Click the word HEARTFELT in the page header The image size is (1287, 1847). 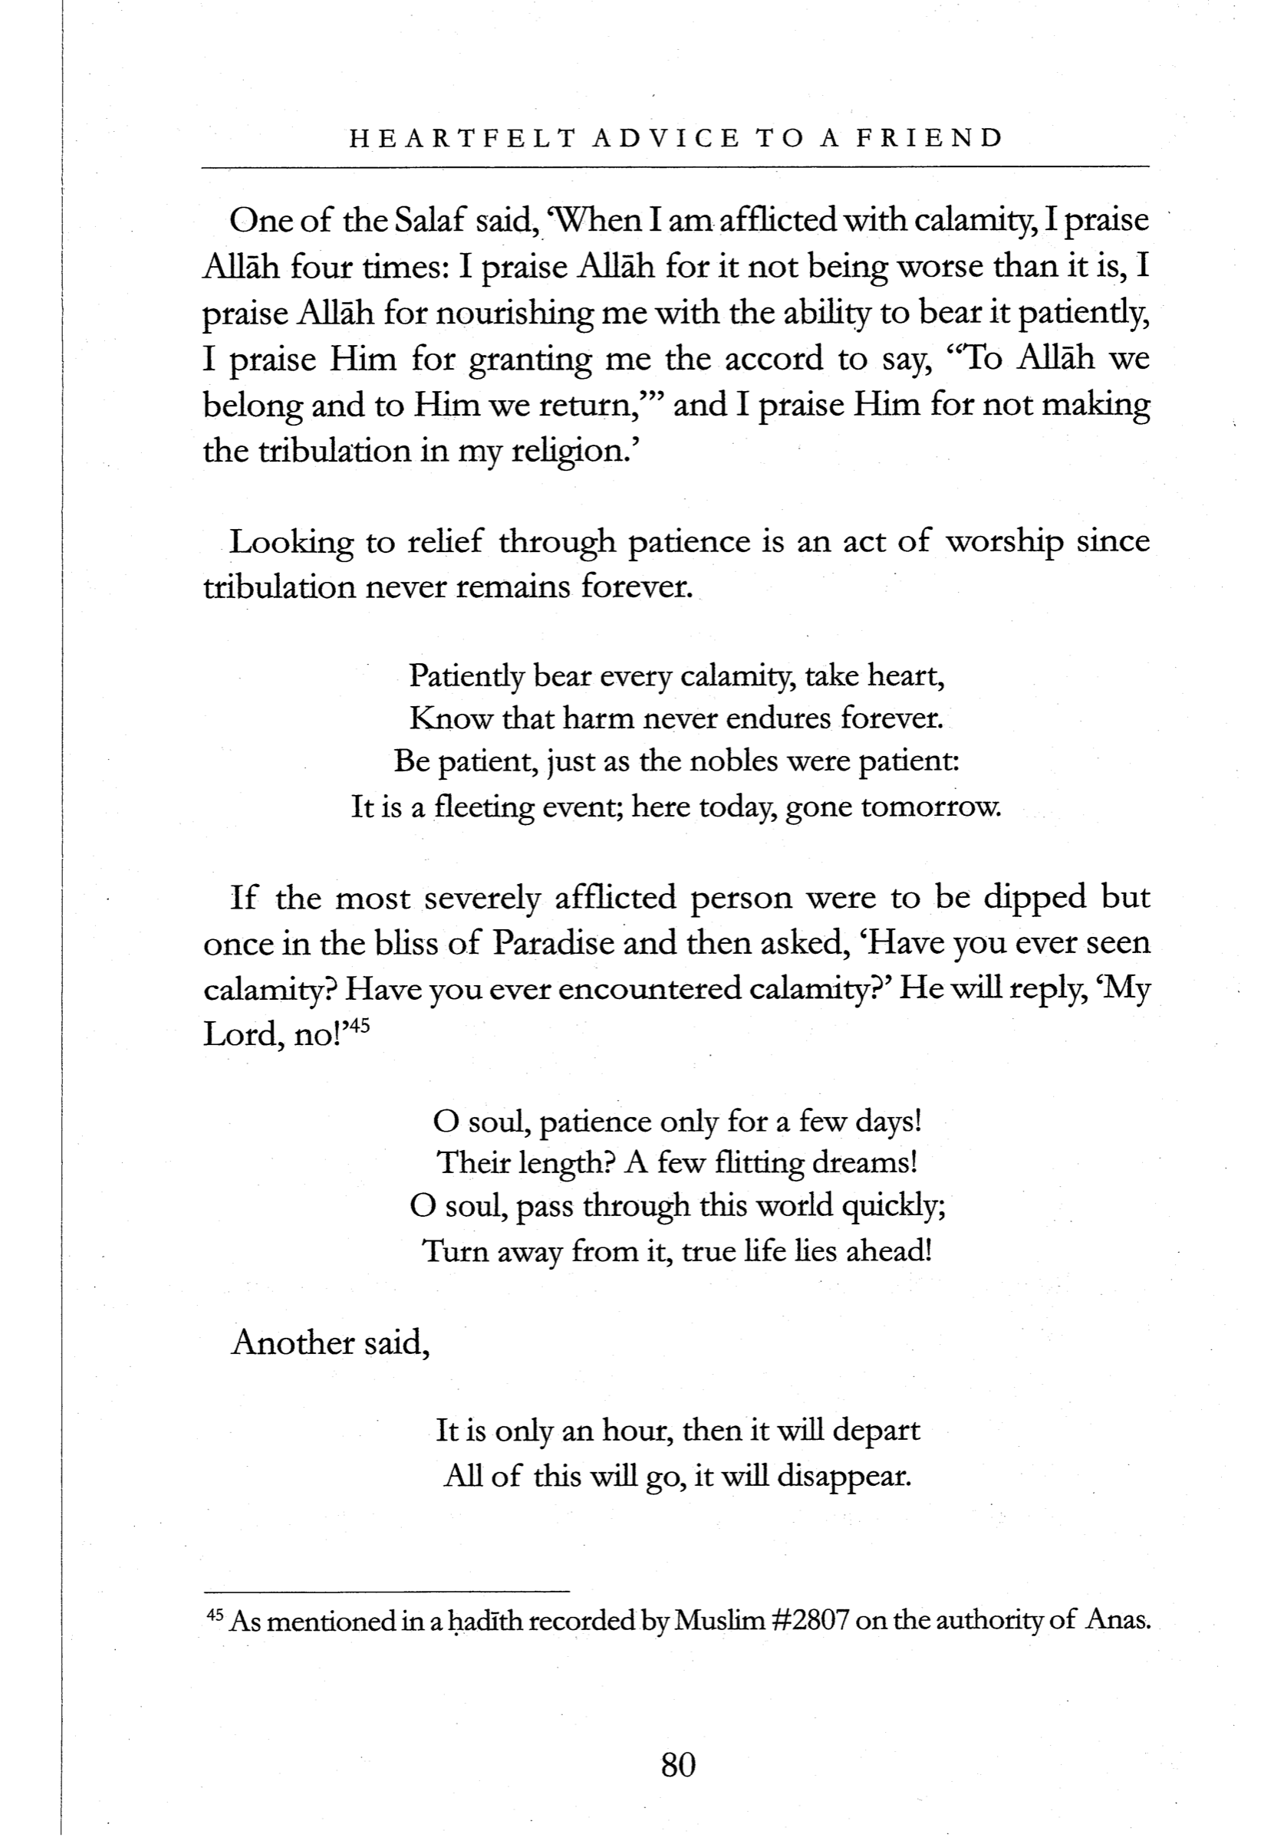pyautogui.click(x=462, y=138)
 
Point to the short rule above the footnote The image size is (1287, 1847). pyautogui.click(x=387, y=1590)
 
